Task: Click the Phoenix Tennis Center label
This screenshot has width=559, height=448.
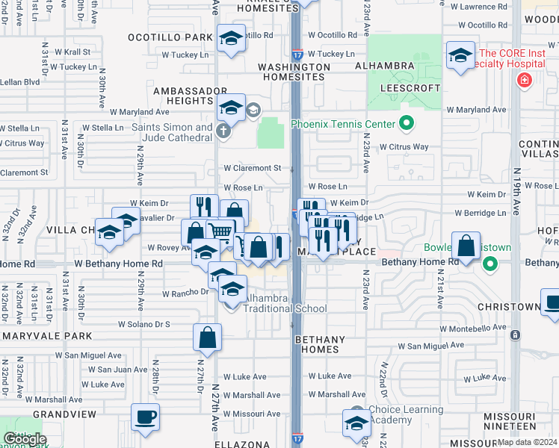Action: (x=340, y=124)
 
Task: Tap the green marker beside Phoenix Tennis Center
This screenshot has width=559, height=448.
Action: (x=407, y=122)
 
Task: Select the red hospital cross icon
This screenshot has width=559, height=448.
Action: (x=524, y=81)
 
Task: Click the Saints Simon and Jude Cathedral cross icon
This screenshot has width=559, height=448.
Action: (x=223, y=132)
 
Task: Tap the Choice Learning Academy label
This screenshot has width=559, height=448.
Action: (x=408, y=415)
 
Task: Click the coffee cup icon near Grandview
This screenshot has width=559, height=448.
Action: (x=145, y=417)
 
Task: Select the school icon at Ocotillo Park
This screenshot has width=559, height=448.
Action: (x=231, y=39)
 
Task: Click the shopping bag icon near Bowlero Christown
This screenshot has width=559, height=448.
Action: (x=466, y=247)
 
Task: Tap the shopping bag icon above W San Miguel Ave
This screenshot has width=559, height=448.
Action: (x=208, y=337)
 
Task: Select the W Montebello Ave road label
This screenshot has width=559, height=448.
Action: (x=474, y=328)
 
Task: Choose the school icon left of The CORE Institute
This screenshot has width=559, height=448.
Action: (x=461, y=55)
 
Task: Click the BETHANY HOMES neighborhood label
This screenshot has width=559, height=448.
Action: (x=320, y=344)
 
